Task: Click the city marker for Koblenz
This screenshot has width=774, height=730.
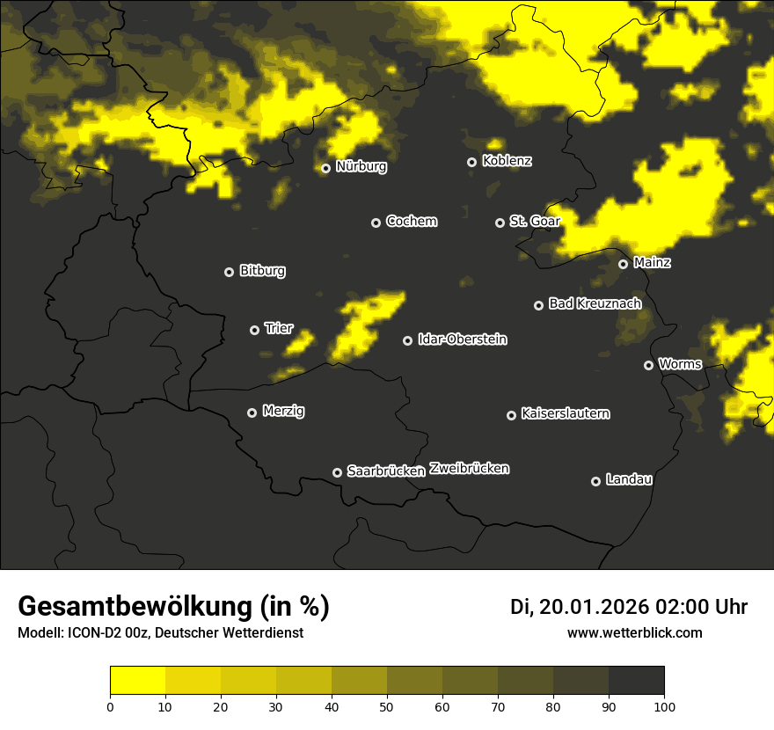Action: coord(472,162)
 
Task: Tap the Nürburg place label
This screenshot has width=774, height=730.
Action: coord(361,166)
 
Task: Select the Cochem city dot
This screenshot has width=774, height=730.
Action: coord(376,223)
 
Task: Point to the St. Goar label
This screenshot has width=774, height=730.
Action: coord(535,221)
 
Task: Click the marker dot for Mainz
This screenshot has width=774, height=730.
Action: coord(623,264)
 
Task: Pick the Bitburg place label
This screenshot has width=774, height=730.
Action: coord(262,271)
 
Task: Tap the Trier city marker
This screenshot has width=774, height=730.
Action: coord(255,330)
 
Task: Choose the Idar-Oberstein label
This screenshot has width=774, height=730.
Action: coord(462,339)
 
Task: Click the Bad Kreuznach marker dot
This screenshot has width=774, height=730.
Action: coord(539,305)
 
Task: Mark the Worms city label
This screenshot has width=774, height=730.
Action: coord(680,364)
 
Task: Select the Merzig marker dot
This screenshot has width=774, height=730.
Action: coord(252,412)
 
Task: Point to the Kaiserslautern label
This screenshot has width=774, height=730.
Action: coord(565,413)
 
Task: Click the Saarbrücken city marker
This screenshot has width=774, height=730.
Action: coord(337,472)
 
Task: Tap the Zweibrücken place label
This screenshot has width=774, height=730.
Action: coord(469,469)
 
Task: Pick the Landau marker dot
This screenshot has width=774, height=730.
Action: coord(595,481)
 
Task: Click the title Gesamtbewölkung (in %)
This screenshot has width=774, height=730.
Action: coord(174,606)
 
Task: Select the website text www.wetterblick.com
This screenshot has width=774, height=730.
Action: coord(634,632)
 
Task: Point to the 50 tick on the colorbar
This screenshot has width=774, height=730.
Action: coord(387,706)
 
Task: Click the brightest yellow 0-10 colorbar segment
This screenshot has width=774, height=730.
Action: coord(138,681)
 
